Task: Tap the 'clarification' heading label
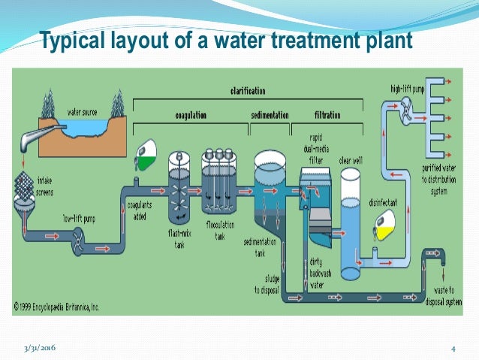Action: pyautogui.click(x=247, y=91)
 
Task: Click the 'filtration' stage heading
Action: pyautogui.click(x=327, y=115)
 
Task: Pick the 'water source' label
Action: pyautogui.click(x=84, y=112)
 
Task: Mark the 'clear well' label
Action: pyautogui.click(x=351, y=159)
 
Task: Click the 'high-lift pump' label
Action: pyautogui.click(x=408, y=89)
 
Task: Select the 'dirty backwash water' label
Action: pyautogui.click(x=321, y=271)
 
